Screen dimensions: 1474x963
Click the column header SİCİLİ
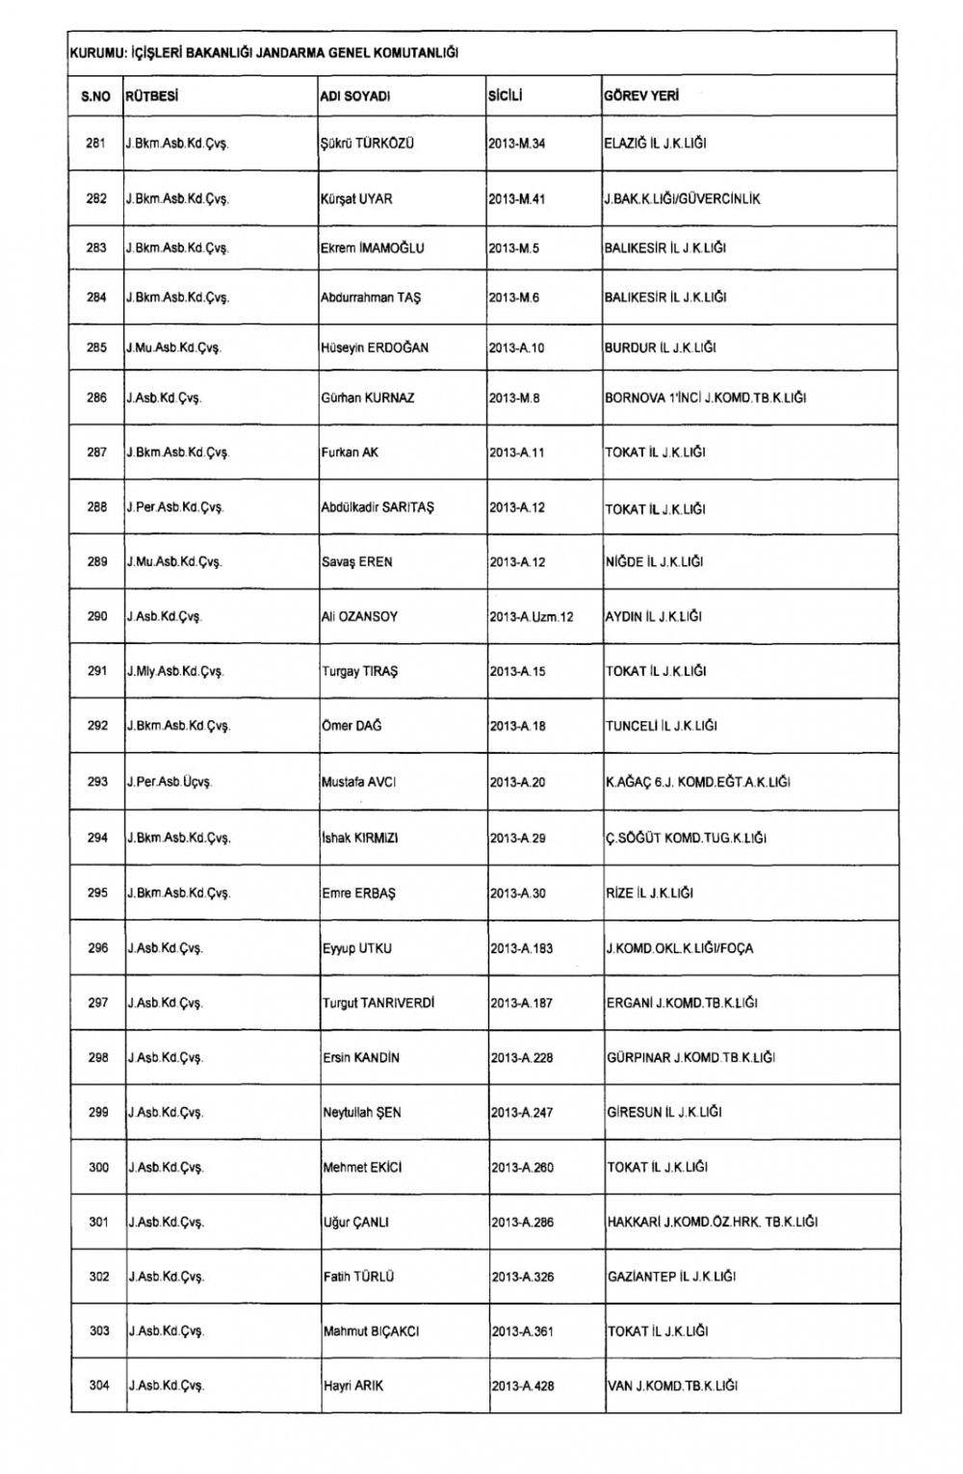pyautogui.click(x=506, y=96)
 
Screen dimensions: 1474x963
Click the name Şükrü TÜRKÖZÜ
pyautogui.click(x=367, y=143)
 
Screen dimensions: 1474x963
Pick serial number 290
pyautogui.click(x=97, y=616)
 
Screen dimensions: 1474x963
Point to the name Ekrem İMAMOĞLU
pyautogui.click(x=372, y=248)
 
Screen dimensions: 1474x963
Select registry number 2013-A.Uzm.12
pyautogui.click(x=532, y=617)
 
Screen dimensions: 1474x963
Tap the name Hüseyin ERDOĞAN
pyautogui.click(x=375, y=348)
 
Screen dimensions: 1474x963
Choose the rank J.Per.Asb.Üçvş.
pyautogui.click(x=169, y=783)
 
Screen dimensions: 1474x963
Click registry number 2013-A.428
pyautogui.click(x=522, y=1386)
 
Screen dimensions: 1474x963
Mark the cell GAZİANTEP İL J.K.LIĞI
pyautogui.click(x=671, y=1277)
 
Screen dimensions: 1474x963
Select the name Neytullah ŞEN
pyautogui.click(x=362, y=1113)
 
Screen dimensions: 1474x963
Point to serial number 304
pyautogui.click(x=99, y=1385)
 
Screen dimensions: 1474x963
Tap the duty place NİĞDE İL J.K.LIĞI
pyautogui.click(x=654, y=562)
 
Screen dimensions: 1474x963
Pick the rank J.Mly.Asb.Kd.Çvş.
pyautogui.click(x=175, y=672)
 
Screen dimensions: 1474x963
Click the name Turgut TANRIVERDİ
pyautogui.click(x=378, y=1003)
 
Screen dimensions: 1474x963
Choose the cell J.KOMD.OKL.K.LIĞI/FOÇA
pyautogui.click(x=680, y=948)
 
